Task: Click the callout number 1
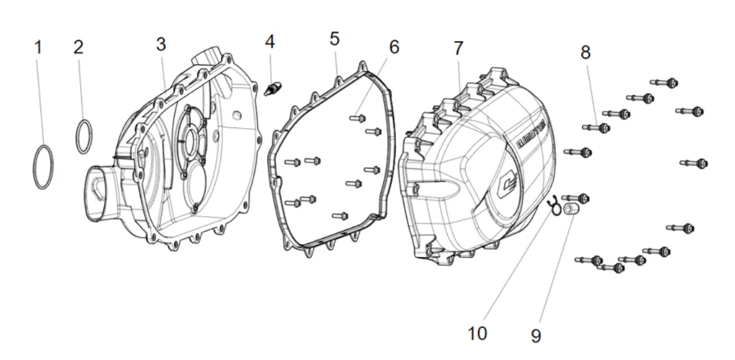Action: point(38,47)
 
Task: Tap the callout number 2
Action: point(78,47)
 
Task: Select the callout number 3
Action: point(161,44)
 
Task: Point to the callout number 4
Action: point(270,42)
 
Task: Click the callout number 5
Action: point(334,38)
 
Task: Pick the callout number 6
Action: point(393,46)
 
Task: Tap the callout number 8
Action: point(586,53)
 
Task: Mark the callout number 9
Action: point(536,335)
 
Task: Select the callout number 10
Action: point(477,333)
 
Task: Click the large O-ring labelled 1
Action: point(43,167)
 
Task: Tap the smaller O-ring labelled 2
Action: point(83,136)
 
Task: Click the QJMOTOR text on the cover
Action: point(530,133)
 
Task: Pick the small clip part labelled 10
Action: point(553,204)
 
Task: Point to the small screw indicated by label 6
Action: point(357,118)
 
